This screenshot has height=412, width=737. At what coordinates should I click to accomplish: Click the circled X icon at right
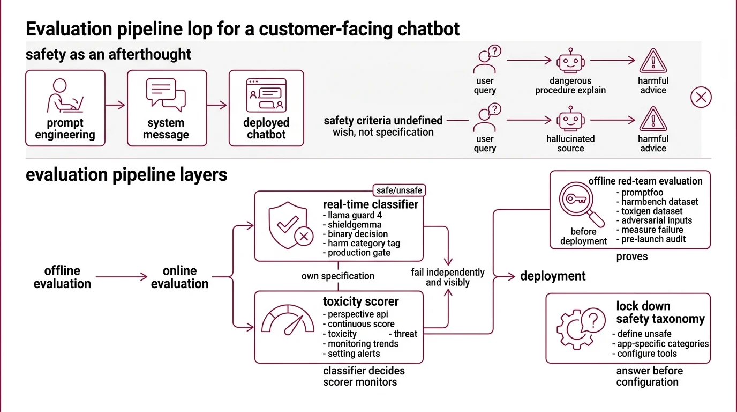coord(701,98)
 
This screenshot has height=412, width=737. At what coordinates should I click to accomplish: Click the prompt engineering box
coord(65,108)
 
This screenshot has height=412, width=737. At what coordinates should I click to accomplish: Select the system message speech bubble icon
coord(166,94)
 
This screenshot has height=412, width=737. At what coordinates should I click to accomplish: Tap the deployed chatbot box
coord(266,108)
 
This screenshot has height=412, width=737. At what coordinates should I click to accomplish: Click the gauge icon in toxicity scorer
coord(288,320)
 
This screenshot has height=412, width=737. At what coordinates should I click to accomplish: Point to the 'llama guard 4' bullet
coord(352,215)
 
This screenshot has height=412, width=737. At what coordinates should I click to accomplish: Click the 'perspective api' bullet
coord(355,314)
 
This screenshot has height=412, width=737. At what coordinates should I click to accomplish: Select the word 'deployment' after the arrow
coord(553,276)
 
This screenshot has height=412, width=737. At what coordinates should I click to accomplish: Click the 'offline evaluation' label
coord(62,277)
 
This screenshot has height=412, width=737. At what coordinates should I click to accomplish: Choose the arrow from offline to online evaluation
coord(121,277)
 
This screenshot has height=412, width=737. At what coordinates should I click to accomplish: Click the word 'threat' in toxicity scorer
coord(405,334)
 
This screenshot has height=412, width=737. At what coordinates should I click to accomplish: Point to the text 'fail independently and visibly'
coord(447,277)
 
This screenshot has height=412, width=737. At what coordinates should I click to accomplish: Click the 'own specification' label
coord(337,276)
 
